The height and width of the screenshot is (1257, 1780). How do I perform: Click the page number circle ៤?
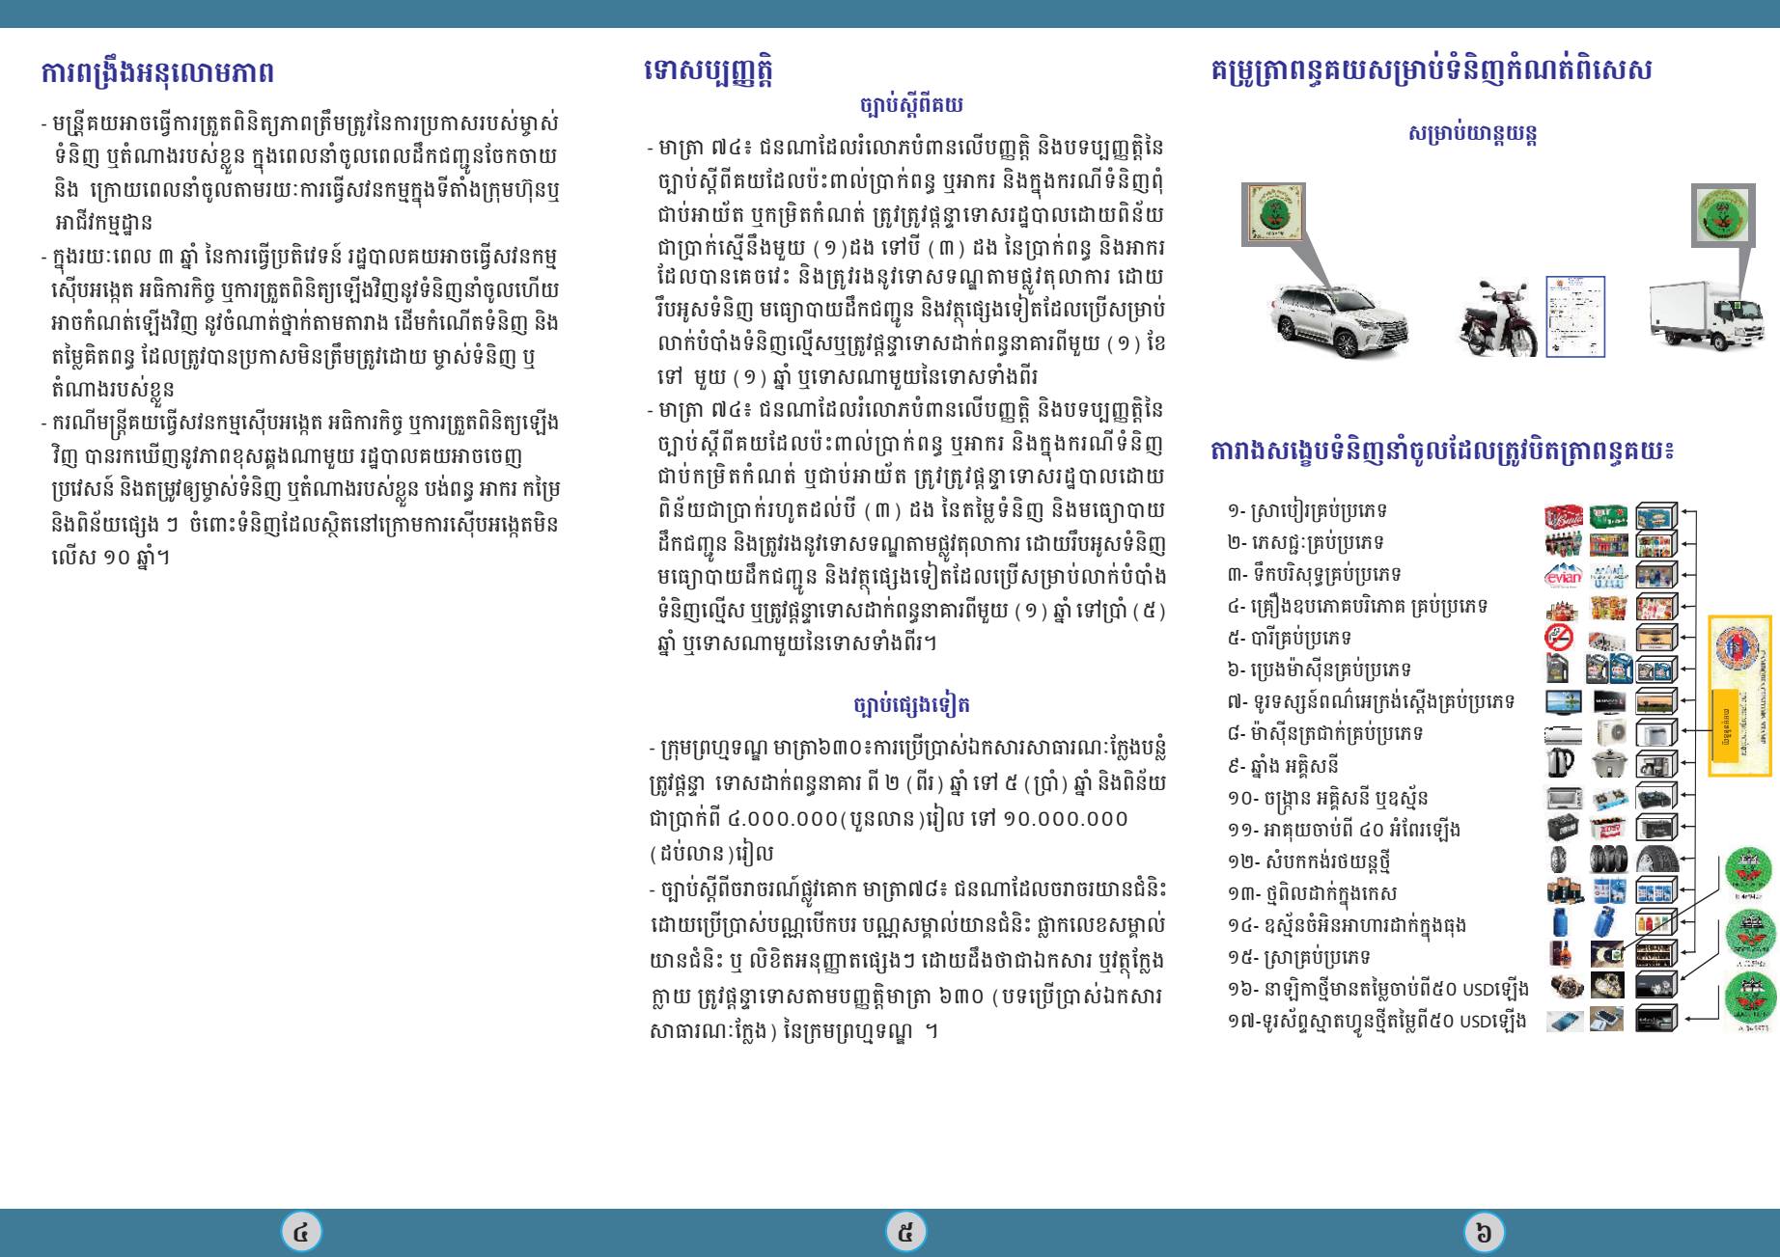[301, 1232]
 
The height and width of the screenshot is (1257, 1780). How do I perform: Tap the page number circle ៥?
[905, 1232]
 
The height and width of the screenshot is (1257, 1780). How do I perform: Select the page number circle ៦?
[1484, 1232]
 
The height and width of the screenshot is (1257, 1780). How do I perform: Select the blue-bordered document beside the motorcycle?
[1575, 315]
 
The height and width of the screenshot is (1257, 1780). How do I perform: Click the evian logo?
[1563, 577]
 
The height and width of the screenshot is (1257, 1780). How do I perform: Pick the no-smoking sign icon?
[1559, 638]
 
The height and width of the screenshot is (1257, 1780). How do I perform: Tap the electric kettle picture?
[1561, 764]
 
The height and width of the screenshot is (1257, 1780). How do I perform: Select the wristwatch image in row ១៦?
[1565, 986]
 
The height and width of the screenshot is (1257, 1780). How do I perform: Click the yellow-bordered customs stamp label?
[1740, 695]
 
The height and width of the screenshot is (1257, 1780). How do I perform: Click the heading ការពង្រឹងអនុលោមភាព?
[157, 72]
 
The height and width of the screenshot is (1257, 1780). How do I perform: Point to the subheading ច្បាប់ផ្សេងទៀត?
[911, 704]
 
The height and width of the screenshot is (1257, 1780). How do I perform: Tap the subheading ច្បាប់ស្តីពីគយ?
[910, 104]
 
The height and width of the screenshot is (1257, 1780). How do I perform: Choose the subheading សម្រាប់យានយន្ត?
[1472, 133]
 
